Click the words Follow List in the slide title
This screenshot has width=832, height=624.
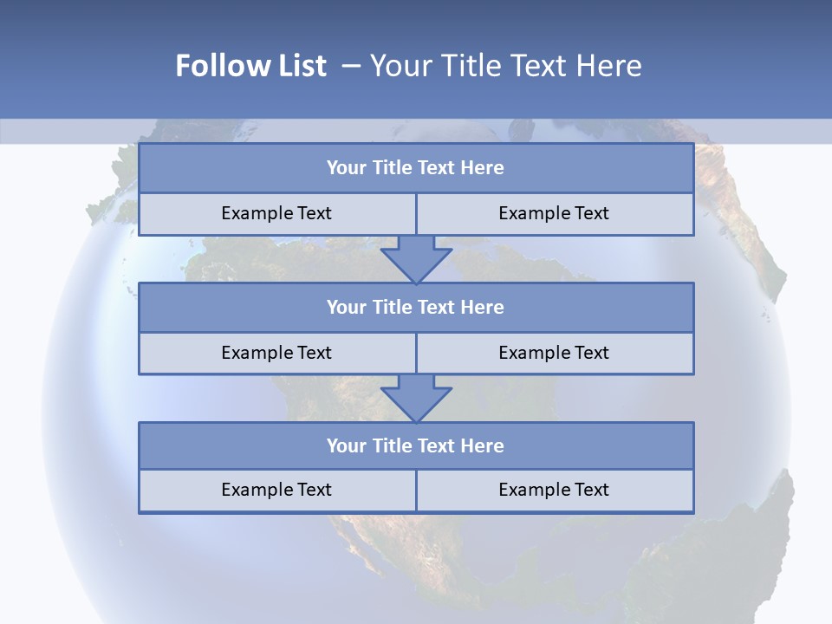[x=250, y=66]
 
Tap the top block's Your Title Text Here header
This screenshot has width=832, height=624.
[x=415, y=168]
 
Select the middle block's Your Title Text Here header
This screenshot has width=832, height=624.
[x=415, y=307]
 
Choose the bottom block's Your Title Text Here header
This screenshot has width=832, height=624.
[x=415, y=445]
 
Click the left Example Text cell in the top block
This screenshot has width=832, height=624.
[x=276, y=213]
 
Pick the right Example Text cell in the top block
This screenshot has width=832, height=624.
[x=554, y=213]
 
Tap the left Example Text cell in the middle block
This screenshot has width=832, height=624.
[x=276, y=353]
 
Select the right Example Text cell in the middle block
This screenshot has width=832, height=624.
[x=554, y=353]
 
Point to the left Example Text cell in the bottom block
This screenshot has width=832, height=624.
[x=276, y=490]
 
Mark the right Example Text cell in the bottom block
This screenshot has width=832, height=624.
[x=554, y=490]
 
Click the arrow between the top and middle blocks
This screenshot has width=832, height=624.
[x=416, y=258]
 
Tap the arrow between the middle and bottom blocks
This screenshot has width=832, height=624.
[x=416, y=398]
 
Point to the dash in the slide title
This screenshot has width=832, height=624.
[x=351, y=66]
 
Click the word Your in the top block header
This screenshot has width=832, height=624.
[x=347, y=168]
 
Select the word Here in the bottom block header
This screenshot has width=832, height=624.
[x=483, y=445]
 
